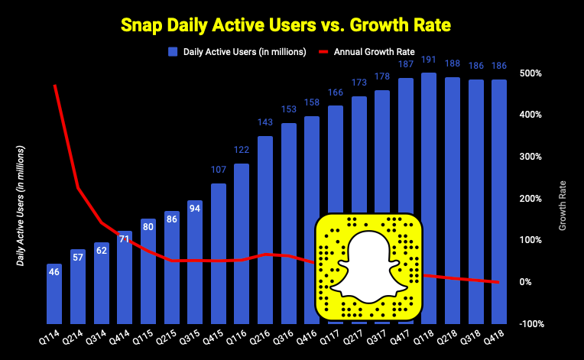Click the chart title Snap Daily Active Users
292,25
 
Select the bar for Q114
54,294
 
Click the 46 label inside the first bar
54,271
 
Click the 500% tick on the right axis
532,73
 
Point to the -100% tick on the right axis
530,323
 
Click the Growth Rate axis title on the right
563,205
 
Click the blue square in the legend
172,52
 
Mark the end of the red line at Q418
499,282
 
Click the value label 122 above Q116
242,150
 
